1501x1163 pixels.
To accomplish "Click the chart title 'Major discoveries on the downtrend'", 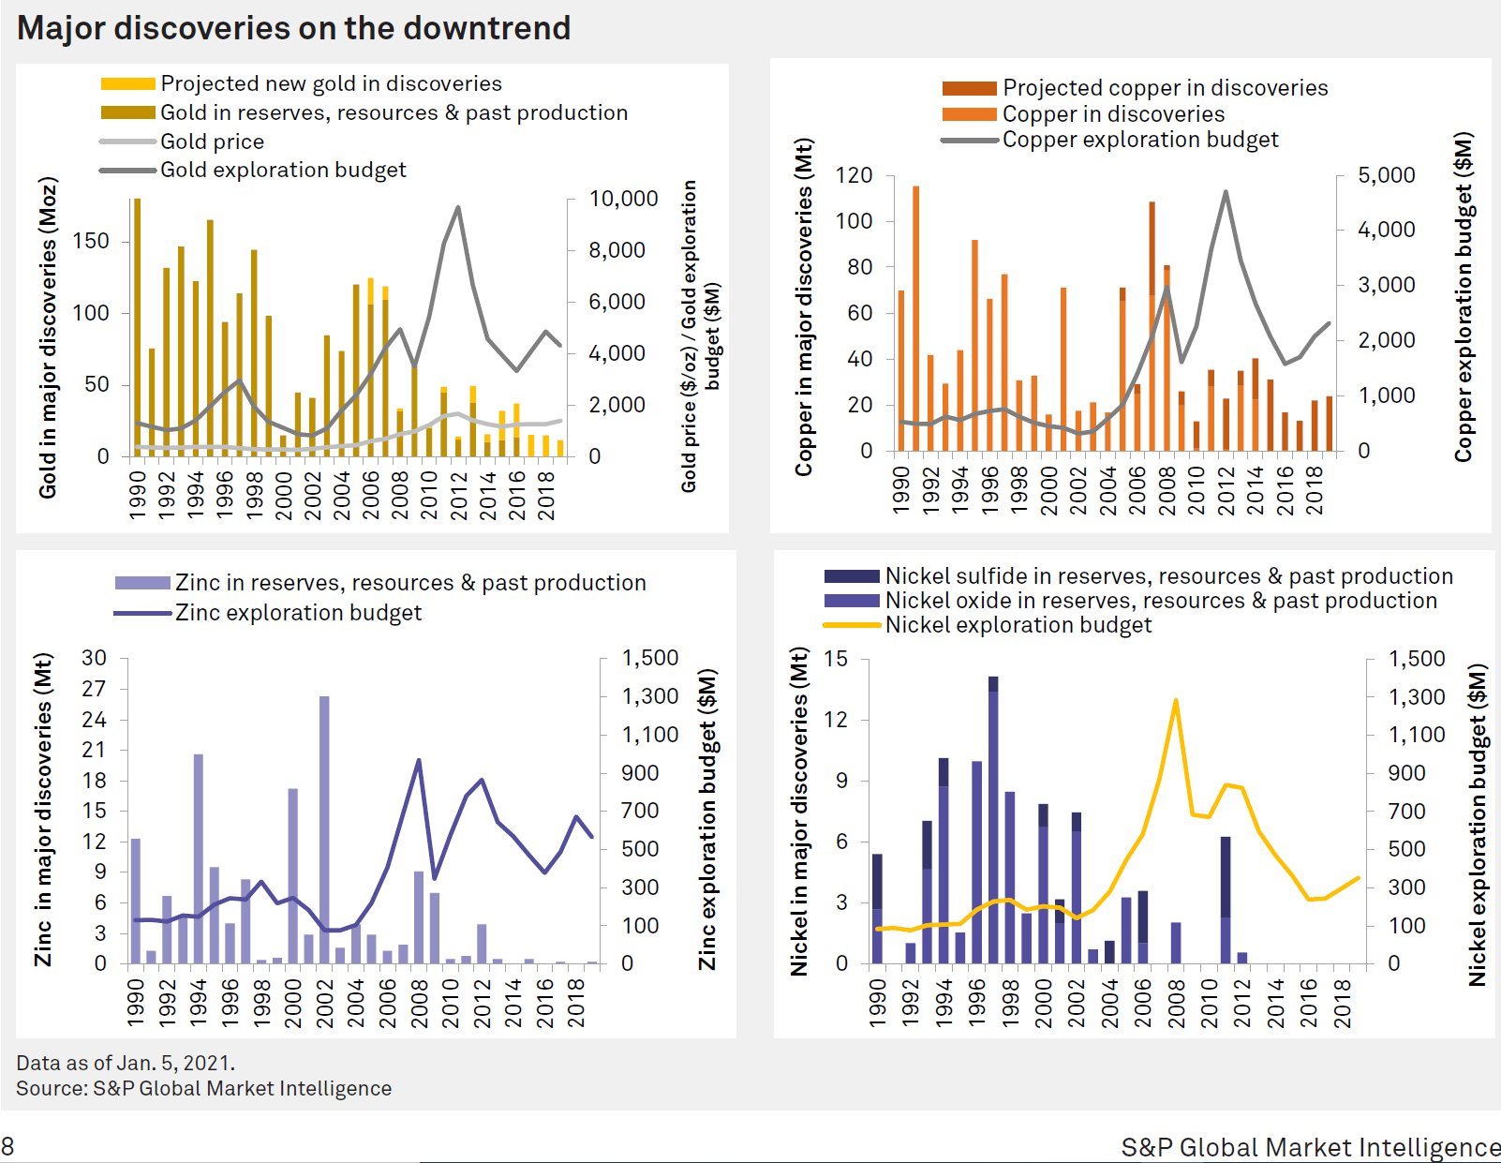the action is coord(293,29).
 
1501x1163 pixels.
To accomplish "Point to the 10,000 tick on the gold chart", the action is coord(623,199).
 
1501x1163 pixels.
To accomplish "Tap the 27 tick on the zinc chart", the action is coord(94,689).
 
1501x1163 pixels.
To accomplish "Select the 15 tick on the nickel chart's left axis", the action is coord(836,659).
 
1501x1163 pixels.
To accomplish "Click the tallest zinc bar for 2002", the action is coord(324,829).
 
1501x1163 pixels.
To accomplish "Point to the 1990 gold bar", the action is coord(137,327).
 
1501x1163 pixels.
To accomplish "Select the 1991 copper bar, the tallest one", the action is coord(916,319).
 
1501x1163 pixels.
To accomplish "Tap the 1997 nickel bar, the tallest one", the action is coord(993,820).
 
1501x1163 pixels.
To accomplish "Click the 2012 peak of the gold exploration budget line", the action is coord(457,207).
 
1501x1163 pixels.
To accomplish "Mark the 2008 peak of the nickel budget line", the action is coord(1175,700).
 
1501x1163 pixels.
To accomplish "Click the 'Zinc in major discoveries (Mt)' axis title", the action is coord(43,810).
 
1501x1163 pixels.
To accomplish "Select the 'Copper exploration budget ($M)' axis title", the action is coord(1464,296).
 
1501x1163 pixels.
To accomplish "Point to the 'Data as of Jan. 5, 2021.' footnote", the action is coord(126,1062).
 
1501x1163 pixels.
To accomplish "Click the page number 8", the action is coord(7,1146).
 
